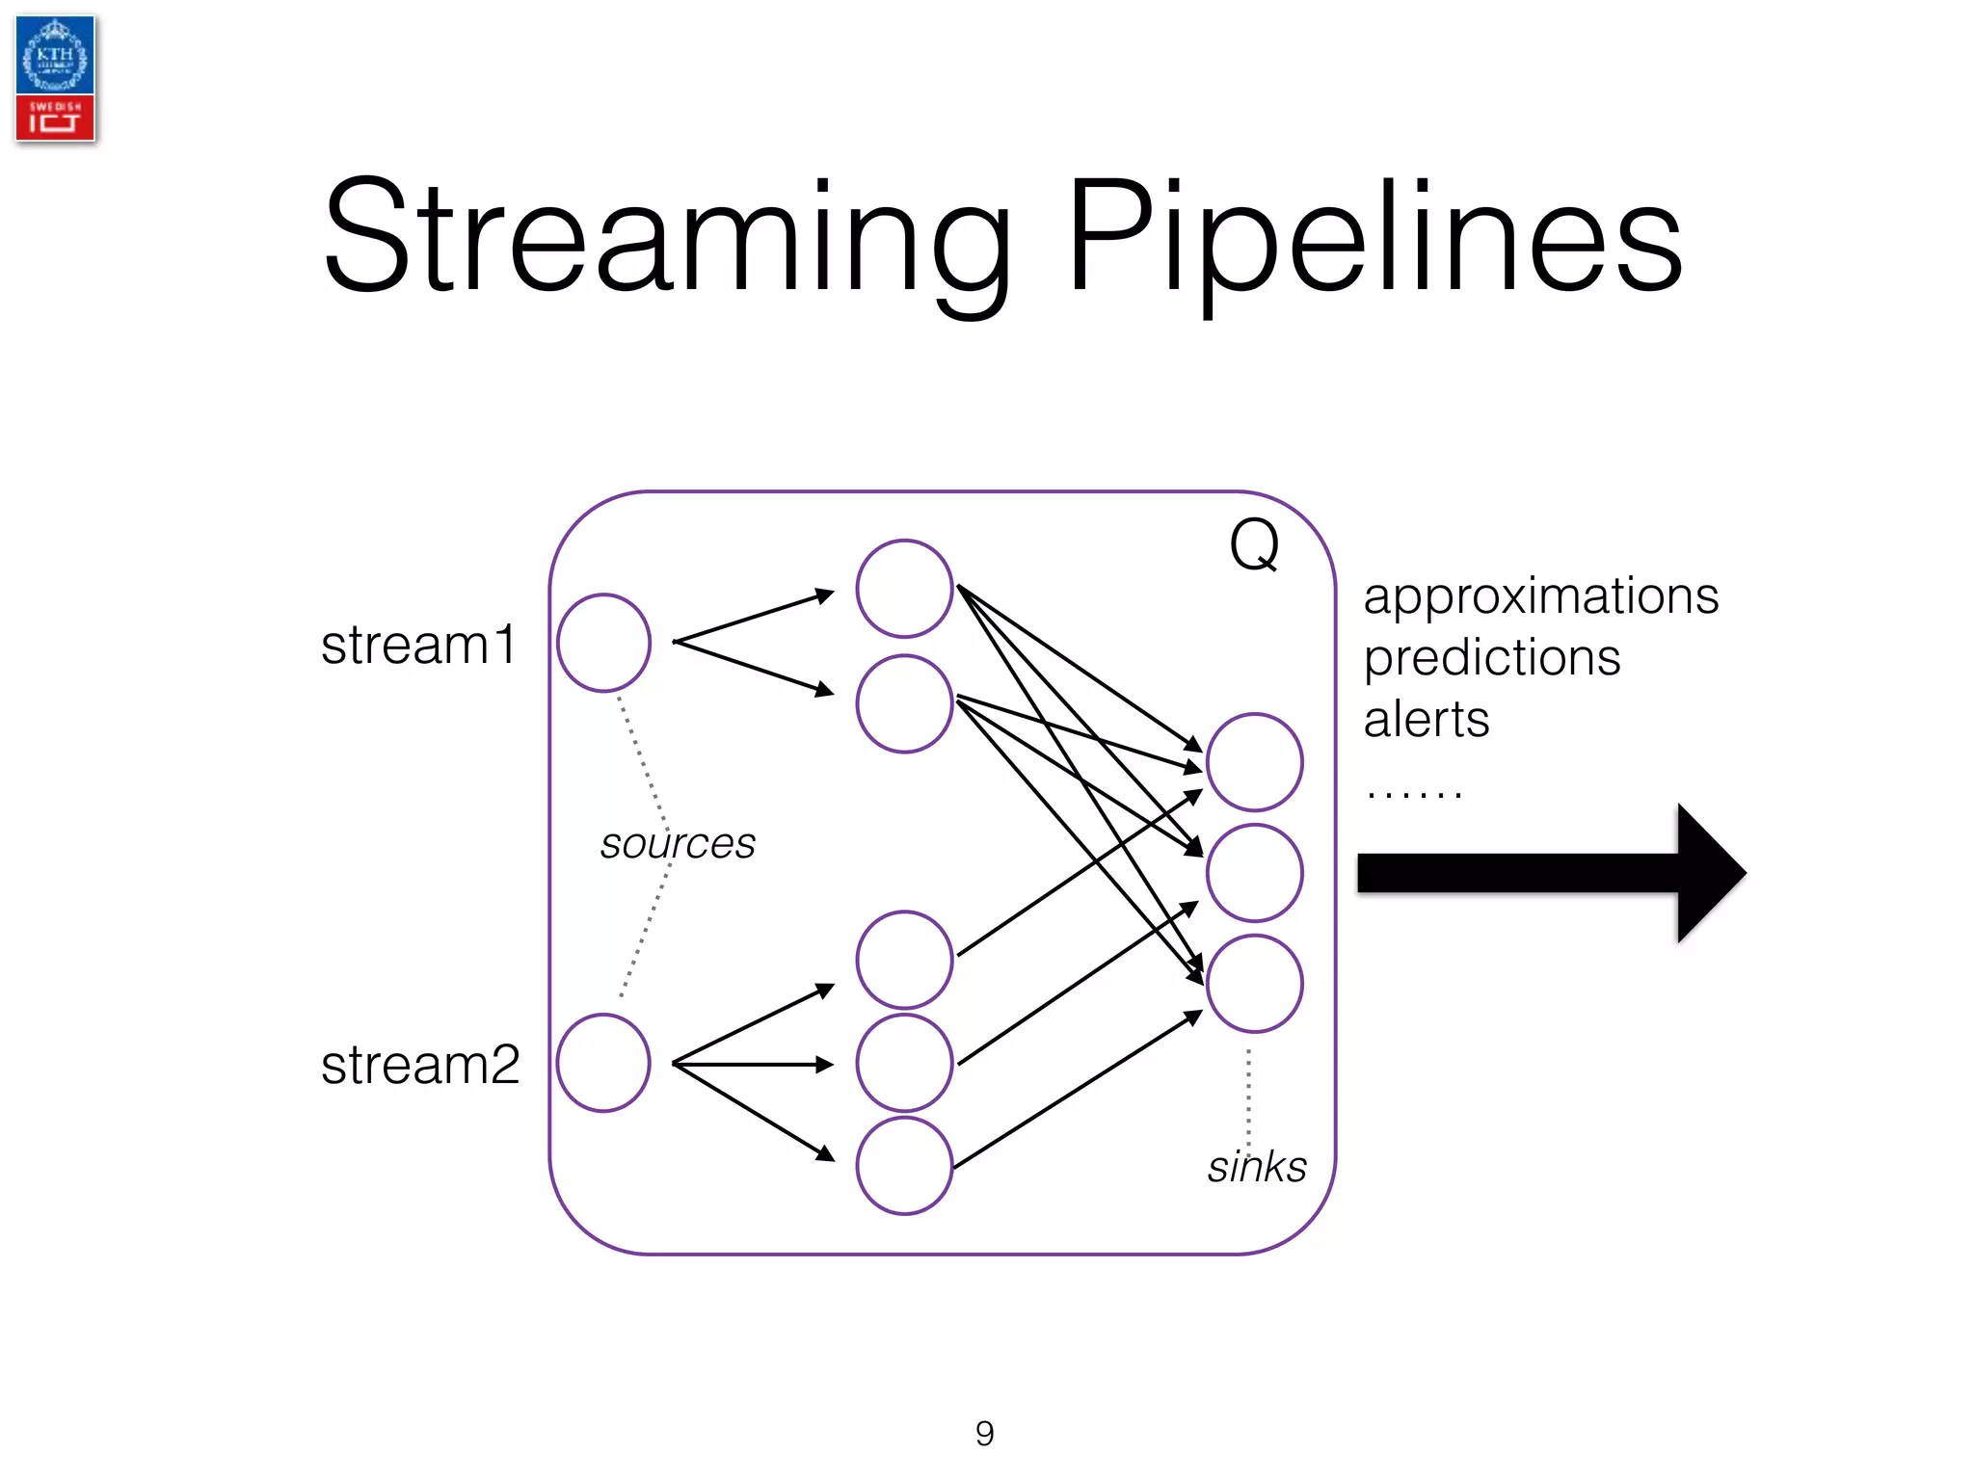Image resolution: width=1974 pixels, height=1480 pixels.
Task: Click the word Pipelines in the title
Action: pyautogui.click(x=1374, y=238)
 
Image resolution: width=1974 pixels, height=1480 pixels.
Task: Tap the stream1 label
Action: pyautogui.click(x=419, y=645)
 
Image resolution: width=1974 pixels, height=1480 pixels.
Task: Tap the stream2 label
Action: pyautogui.click(x=420, y=1065)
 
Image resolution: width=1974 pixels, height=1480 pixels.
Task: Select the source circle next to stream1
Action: pyautogui.click(x=604, y=643)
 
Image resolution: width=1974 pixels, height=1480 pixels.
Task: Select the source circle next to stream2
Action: pyautogui.click(x=604, y=1063)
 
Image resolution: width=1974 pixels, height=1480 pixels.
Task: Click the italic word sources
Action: pyautogui.click(x=678, y=844)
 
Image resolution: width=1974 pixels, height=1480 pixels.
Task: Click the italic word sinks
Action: pyautogui.click(x=1257, y=1167)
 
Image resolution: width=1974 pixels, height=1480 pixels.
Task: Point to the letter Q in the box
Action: pyautogui.click(x=1254, y=545)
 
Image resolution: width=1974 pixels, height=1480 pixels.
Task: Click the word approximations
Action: pyautogui.click(x=1540, y=596)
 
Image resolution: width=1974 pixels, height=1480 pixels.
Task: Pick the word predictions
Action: pyautogui.click(x=1492, y=659)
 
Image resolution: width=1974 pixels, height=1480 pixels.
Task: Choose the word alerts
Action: pyautogui.click(x=1427, y=720)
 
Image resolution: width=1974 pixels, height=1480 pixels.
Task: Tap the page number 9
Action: pyautogui.click(x=985, y=1434)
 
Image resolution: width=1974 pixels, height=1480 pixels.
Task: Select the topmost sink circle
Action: pyautogui.click(x=1255, y=762)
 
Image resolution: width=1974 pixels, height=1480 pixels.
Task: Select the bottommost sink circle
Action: pyautogui.click(x=1255, y=984)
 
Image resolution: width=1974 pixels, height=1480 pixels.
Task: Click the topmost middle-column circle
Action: pyautogui.click(x=904, y=589)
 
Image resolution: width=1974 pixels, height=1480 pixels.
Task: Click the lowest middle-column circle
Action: pyautogui.click(x=904, y=1166)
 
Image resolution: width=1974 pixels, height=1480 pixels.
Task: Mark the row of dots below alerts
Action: pyautogui.click(x=1414, y=794)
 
